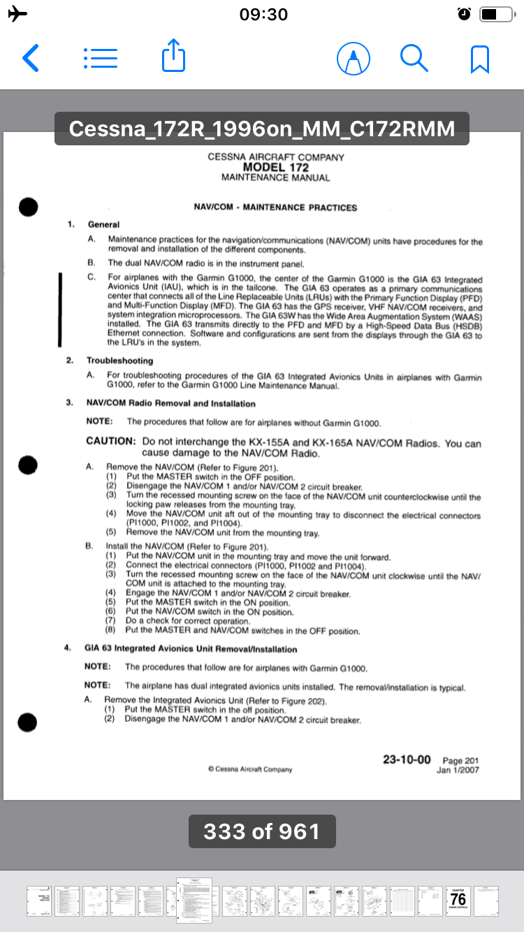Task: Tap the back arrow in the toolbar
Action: tap(30, 59)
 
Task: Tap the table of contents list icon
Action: tap(100, 59)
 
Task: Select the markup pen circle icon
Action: tap(353, 59)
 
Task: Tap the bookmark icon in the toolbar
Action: tap(479, 59)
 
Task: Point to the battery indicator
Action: tap(497, 14)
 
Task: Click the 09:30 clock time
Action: tap(263, 15)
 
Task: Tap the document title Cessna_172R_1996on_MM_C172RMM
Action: tap(262, 129)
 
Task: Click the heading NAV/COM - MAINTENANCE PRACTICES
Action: tap(275, 207)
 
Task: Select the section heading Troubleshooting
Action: tap(119, 361)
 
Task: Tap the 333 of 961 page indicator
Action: tap(262, 831)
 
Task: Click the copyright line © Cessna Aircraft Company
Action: tap(250, 769)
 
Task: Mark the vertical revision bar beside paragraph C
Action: tap(61, 310)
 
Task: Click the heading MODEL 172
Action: tap(275, 168)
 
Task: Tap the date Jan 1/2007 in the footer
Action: tap(458, 771)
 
